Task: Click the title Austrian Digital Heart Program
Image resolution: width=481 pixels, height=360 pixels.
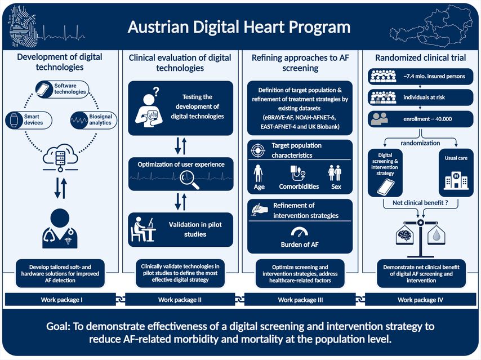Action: pos(239,27)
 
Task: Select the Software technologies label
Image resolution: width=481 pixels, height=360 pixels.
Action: pos(70,88)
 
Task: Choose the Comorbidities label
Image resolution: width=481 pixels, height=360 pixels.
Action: pos(299,186)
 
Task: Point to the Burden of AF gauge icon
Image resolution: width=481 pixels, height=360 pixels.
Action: pos(300,232)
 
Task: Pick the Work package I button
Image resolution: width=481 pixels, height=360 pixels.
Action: pos(62,300)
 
